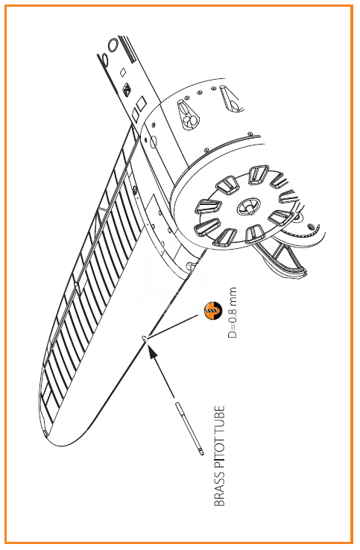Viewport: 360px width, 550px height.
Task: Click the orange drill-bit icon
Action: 213,311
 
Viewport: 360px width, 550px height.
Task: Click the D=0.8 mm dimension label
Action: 233,312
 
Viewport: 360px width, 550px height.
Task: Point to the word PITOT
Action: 219,452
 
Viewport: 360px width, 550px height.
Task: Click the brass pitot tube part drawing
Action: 189,429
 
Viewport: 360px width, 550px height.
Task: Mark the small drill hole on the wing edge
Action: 145,338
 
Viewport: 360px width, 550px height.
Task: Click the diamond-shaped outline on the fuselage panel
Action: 123,72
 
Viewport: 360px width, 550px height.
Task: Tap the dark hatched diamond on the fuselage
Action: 127,89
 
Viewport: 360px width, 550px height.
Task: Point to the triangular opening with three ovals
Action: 189,115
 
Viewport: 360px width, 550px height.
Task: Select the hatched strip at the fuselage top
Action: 127,49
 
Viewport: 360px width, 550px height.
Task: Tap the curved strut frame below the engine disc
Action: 281,257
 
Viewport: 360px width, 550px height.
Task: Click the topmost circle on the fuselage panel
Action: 113,45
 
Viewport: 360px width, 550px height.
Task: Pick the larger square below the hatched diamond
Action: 141,104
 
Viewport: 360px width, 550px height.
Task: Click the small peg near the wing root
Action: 191,265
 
